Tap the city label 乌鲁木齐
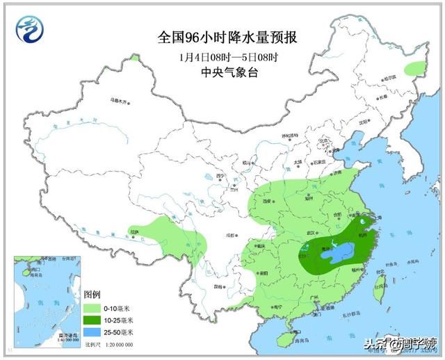(x=120, y=101)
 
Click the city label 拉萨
(x=134, y=231)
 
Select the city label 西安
(x=267, y=201)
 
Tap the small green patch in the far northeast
(x=414, y=68)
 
